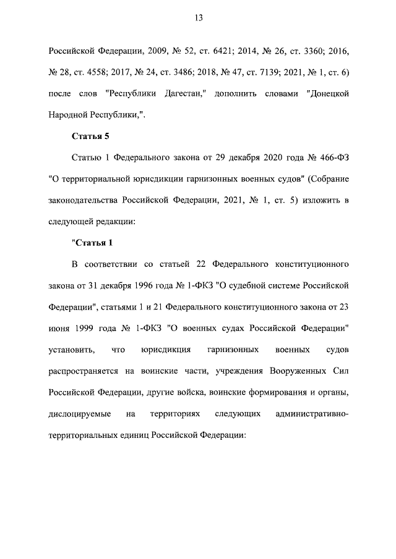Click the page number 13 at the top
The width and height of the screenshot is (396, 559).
[x=198, y=19]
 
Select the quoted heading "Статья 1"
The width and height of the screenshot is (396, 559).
[x=92, y=242]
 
